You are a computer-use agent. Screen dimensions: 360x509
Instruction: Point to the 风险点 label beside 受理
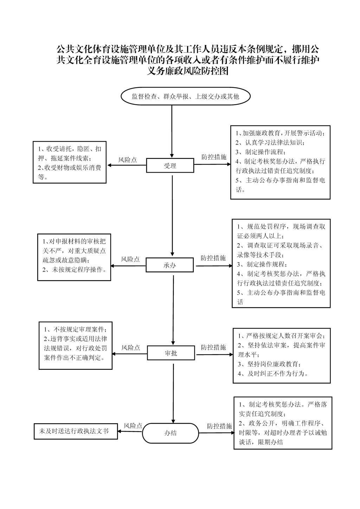coord(128,160)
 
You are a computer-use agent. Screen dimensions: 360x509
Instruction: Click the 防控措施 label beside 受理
coord(214,157)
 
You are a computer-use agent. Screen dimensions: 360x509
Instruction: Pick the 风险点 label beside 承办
coord(130,259)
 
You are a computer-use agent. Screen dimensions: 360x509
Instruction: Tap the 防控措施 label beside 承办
coord(213,258)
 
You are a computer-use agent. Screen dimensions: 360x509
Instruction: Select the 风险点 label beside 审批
coord(131,347)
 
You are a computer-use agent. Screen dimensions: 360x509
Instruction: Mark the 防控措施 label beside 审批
coord(213,347)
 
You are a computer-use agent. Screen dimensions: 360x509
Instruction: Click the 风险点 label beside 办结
coord(133,426)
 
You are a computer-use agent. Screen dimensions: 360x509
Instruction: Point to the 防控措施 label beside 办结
coord(219,426)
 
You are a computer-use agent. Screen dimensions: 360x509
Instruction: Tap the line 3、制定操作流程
coord(261,152)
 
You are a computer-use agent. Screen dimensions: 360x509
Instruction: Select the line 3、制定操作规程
coord(262,264)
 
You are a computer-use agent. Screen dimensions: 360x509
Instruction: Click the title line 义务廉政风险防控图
coord(187,71)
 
